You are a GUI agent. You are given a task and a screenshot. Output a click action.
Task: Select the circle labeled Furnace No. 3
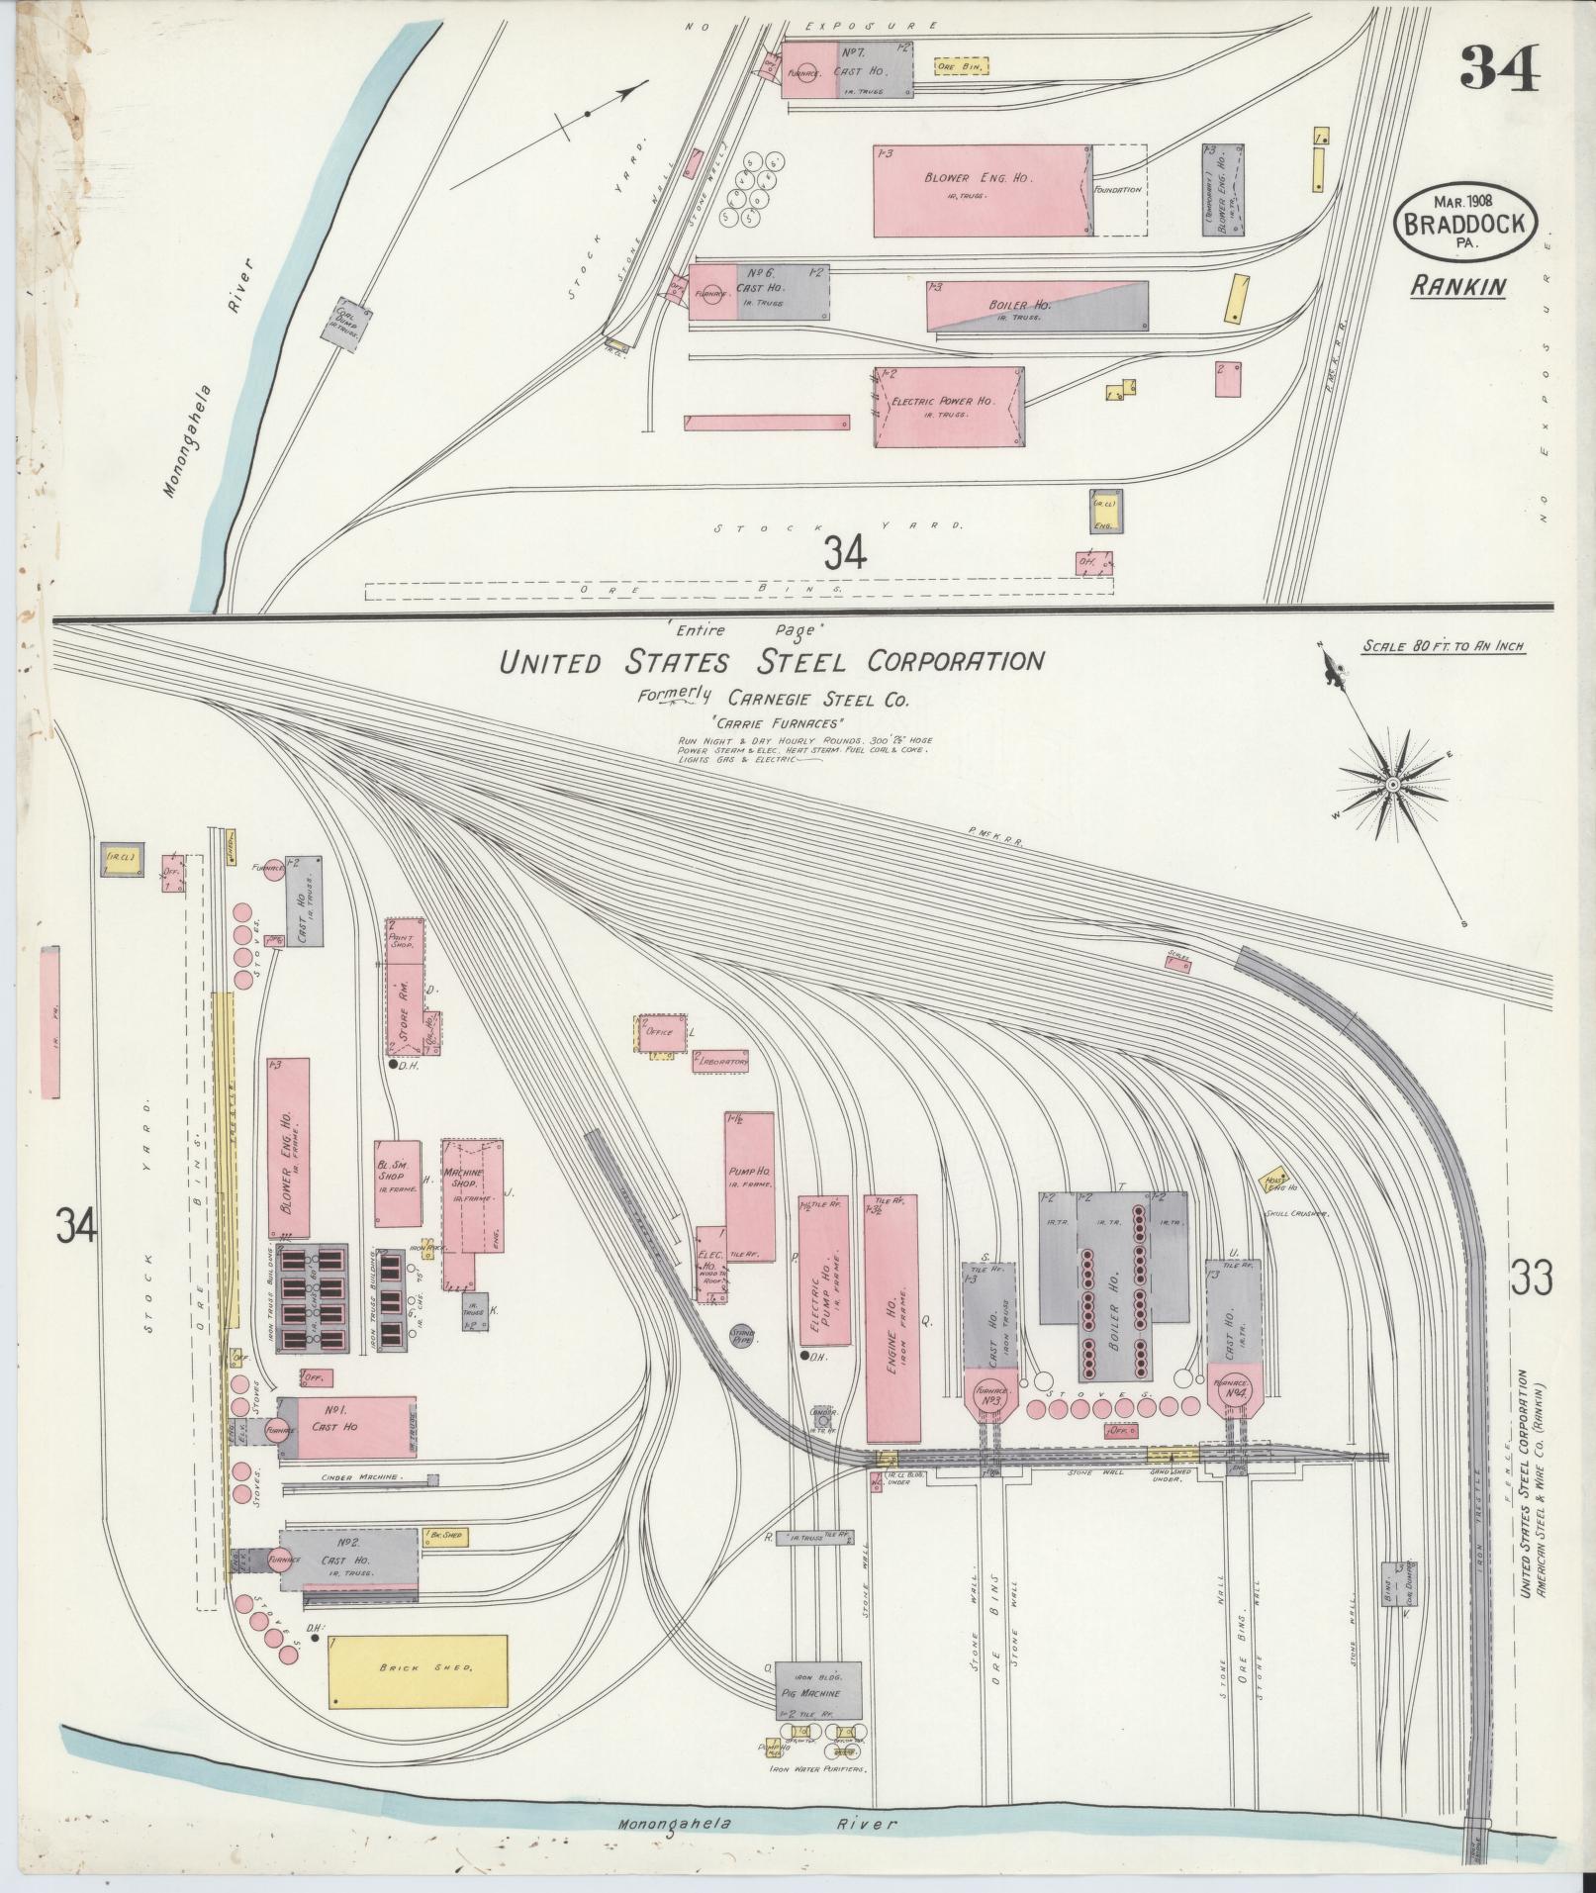click(990, 1401)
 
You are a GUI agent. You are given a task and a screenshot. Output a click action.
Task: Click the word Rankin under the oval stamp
click(1457, 287)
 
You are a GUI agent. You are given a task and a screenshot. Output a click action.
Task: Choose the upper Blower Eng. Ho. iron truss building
click(982, 191)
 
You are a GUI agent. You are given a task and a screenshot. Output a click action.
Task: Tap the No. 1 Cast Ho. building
click(346, 1426)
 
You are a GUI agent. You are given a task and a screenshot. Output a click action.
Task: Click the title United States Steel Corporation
click(772, 660)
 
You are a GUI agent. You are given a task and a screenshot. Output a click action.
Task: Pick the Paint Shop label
click(403, 938)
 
